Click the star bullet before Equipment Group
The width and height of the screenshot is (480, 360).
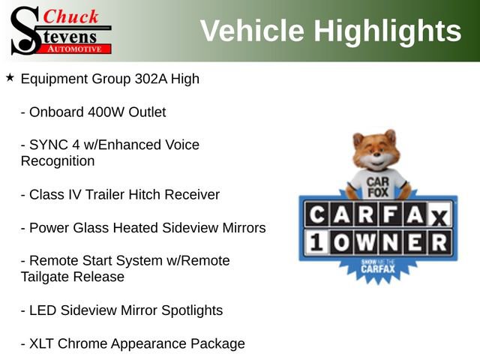pyautogui.click(x=10, y=77)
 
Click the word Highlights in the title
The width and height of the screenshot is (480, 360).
pyautogui.click(x=387, y=31)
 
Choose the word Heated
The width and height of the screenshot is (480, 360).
pyautogui.click(x=142, y=228)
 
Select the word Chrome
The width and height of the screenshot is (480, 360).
pyautogui.click(x=82, y=343)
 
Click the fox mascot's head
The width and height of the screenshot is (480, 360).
pyautogui.click(x=374, y=151)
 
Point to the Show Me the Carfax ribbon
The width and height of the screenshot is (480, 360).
pyautogui.click(x=375, y=268)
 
